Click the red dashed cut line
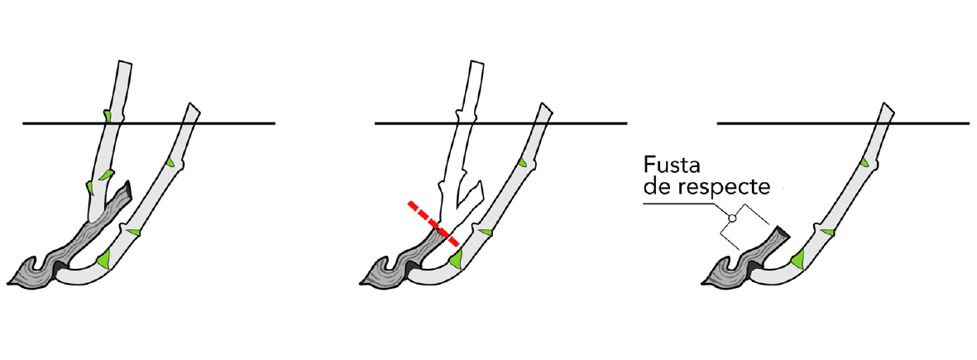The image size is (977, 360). click(x=433, y=223)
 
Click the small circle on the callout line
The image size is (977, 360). click(x=733, y=218)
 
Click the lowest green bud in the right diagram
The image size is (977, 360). click(x=799, y=258)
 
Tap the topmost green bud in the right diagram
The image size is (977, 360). click(x=864, y=163)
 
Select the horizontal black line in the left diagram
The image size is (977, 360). click(x=149, y=123)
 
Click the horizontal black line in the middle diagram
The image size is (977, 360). click(x=500, y=123)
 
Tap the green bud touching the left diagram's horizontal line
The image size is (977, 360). click(x=108, y=116)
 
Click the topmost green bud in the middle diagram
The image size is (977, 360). click(x=522, y=163)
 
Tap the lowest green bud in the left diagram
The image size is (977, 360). click(x=103, y=259)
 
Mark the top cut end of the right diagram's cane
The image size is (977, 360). click(x=889, y=108)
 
